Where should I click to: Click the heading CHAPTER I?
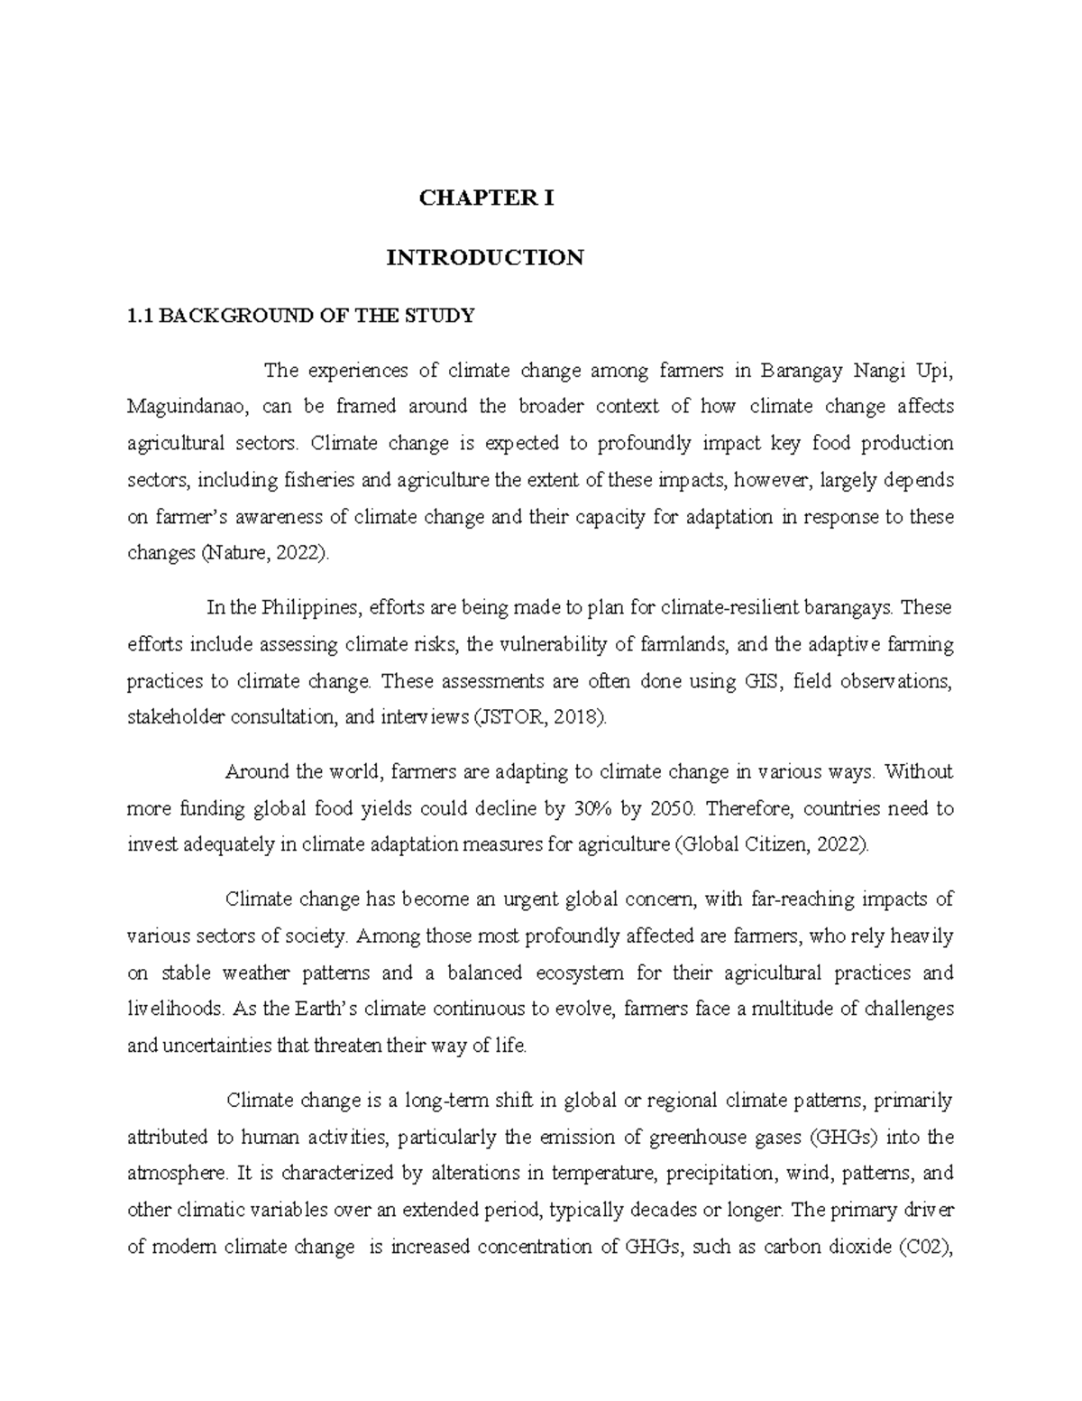coord(485,198)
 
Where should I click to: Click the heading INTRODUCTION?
coord(485,258)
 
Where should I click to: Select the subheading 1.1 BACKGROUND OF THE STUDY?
coord(300,316)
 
